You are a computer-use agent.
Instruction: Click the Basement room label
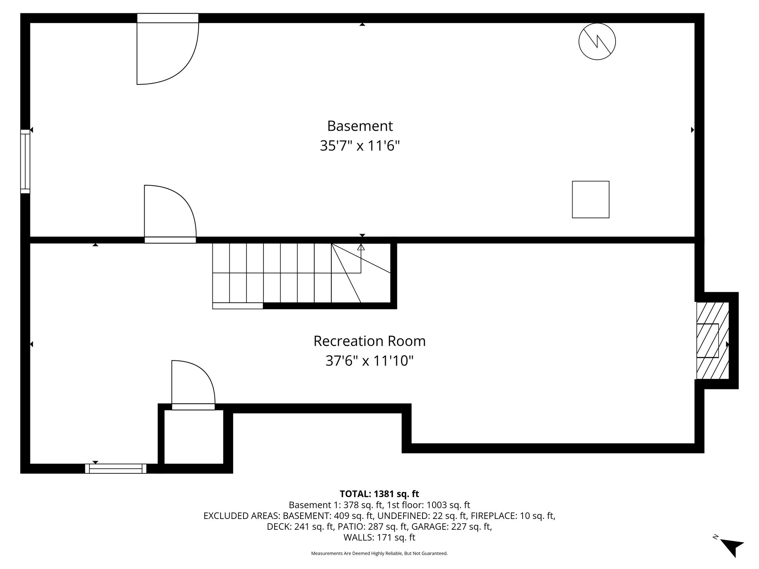pyautogui.click(x=359, y=126)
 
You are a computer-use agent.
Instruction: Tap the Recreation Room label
pyautogui.click(x=369, y=341)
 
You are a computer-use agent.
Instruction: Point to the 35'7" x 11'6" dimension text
pyautogui.click(x=360, y=146)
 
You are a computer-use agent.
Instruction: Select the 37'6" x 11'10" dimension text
pyautogui.click(x=369, y=360)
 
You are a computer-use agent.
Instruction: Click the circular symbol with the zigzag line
pyautogui.click(x=597, y=41)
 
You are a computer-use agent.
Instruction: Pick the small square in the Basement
pyautogui.click(x=590, y=199)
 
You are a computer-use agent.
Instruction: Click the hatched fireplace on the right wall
pyautogui.click(x=712, y=340)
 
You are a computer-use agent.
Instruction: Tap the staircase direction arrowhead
pyautogui.click(x=361, y=247)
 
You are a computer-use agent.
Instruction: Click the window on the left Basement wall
pyautogui.click(x=25, y=162)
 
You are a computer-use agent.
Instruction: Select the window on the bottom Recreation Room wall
pyautogui.click(x=116, y=469)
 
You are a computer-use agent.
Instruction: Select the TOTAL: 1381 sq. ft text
pyautogui.click(x=379, y=494)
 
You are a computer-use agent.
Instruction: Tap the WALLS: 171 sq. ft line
pyautogui.click(x=379, y=537)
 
